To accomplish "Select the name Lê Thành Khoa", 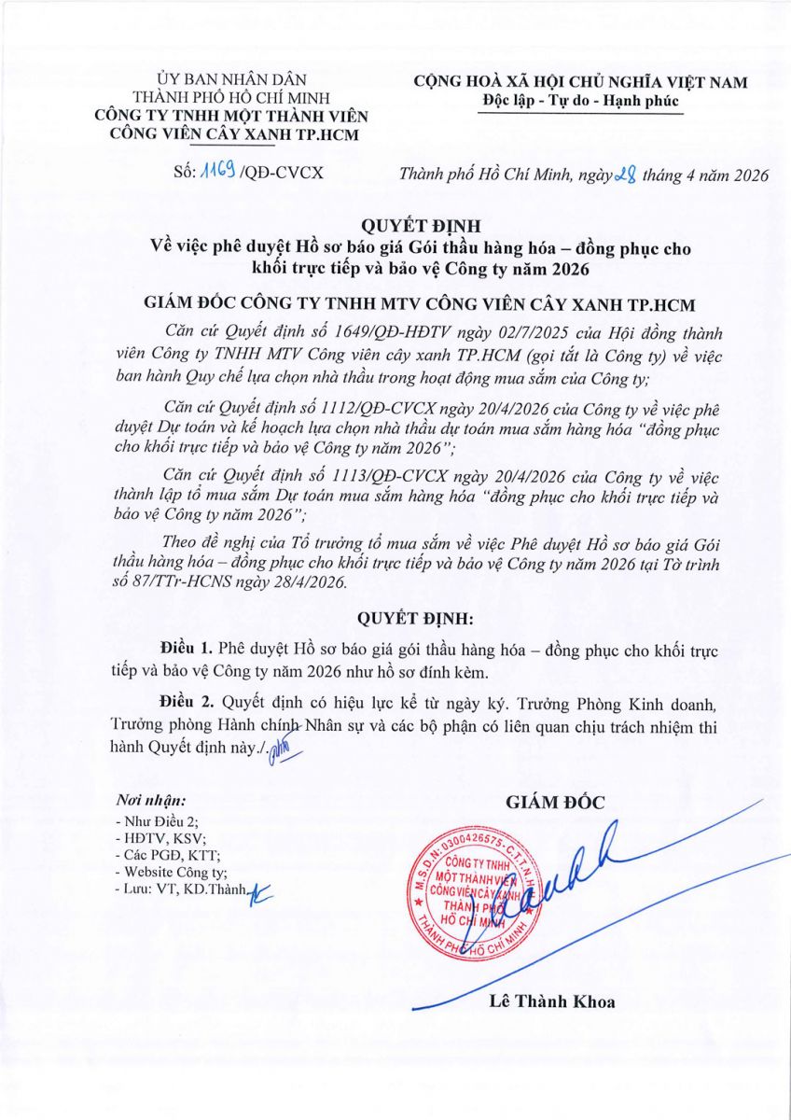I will [551, 1002].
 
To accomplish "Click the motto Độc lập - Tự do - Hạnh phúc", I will [579, 101].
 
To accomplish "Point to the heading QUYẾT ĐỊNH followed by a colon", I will [395, 617].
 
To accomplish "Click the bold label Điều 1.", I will [187, 647].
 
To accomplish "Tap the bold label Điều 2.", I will [187, 700].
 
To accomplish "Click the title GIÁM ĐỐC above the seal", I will [556, 802].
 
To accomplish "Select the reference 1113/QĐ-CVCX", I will [350, 474].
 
